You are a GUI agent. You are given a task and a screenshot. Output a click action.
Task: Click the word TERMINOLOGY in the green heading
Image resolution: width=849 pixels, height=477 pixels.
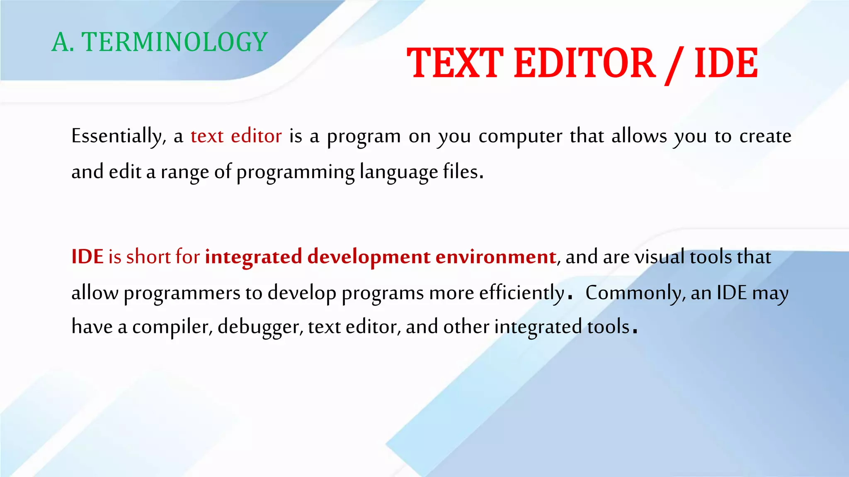[x=175, y=42]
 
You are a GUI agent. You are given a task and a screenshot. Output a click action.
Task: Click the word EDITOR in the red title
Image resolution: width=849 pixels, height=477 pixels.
[x=585, y=63]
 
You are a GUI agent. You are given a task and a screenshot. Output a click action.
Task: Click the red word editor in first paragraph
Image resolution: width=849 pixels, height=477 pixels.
[x=256, y=136]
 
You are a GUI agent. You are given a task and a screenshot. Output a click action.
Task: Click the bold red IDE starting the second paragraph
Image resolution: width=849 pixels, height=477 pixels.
[x=87, y=257]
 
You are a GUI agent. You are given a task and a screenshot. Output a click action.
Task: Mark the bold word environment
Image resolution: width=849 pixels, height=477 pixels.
[x=495, y=257]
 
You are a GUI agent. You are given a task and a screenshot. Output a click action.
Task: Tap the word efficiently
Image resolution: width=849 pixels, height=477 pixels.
[x=522, y=293]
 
